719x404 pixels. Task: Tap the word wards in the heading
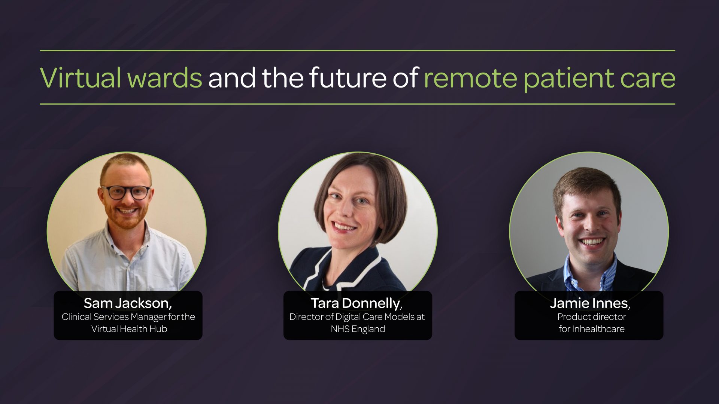pos(164,78)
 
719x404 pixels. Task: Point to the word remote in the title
pos(470,78)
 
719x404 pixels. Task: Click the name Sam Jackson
pos(127,303)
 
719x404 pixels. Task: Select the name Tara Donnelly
pos(356,303)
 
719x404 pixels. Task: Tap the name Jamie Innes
pos(589,303)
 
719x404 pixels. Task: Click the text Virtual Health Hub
pos(129,329)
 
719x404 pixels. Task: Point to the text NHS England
pos(358,329)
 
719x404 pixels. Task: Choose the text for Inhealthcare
pos(592,329)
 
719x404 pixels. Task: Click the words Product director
pos(592,317)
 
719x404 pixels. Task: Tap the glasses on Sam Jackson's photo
pos(126,192)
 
